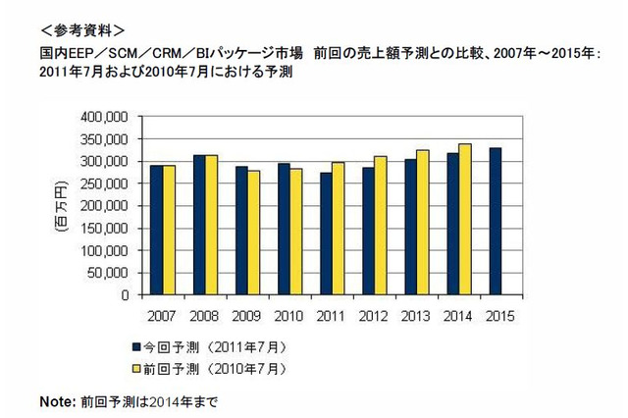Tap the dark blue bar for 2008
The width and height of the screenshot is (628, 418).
[x=199, y=225]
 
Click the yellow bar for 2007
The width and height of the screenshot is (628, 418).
[x=170, y=230]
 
